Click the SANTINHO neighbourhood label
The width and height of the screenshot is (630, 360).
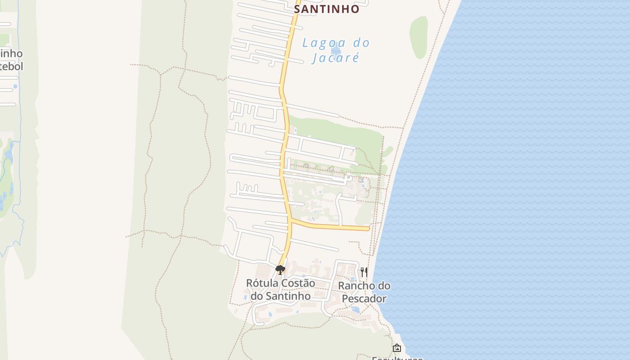tap(327, 9)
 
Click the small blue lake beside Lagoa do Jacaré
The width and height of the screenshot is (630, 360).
tap(335, 50)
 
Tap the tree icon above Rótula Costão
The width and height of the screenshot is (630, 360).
tap(280, 270)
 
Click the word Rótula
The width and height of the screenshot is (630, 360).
tap(262, 283)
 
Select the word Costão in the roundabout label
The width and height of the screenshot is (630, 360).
tap(297, 283)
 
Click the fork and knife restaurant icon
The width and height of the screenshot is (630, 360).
tap(364, 272)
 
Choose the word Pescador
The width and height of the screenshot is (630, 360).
tap(364, 299)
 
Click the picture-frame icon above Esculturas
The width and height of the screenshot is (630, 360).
tap(396, 348)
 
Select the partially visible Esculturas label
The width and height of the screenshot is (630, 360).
tap(397, 358)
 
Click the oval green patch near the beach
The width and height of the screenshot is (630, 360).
tap(418, 37)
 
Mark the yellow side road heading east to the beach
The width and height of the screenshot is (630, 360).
tap(333, 226)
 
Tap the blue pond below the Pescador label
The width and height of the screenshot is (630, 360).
tap(355, 310)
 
